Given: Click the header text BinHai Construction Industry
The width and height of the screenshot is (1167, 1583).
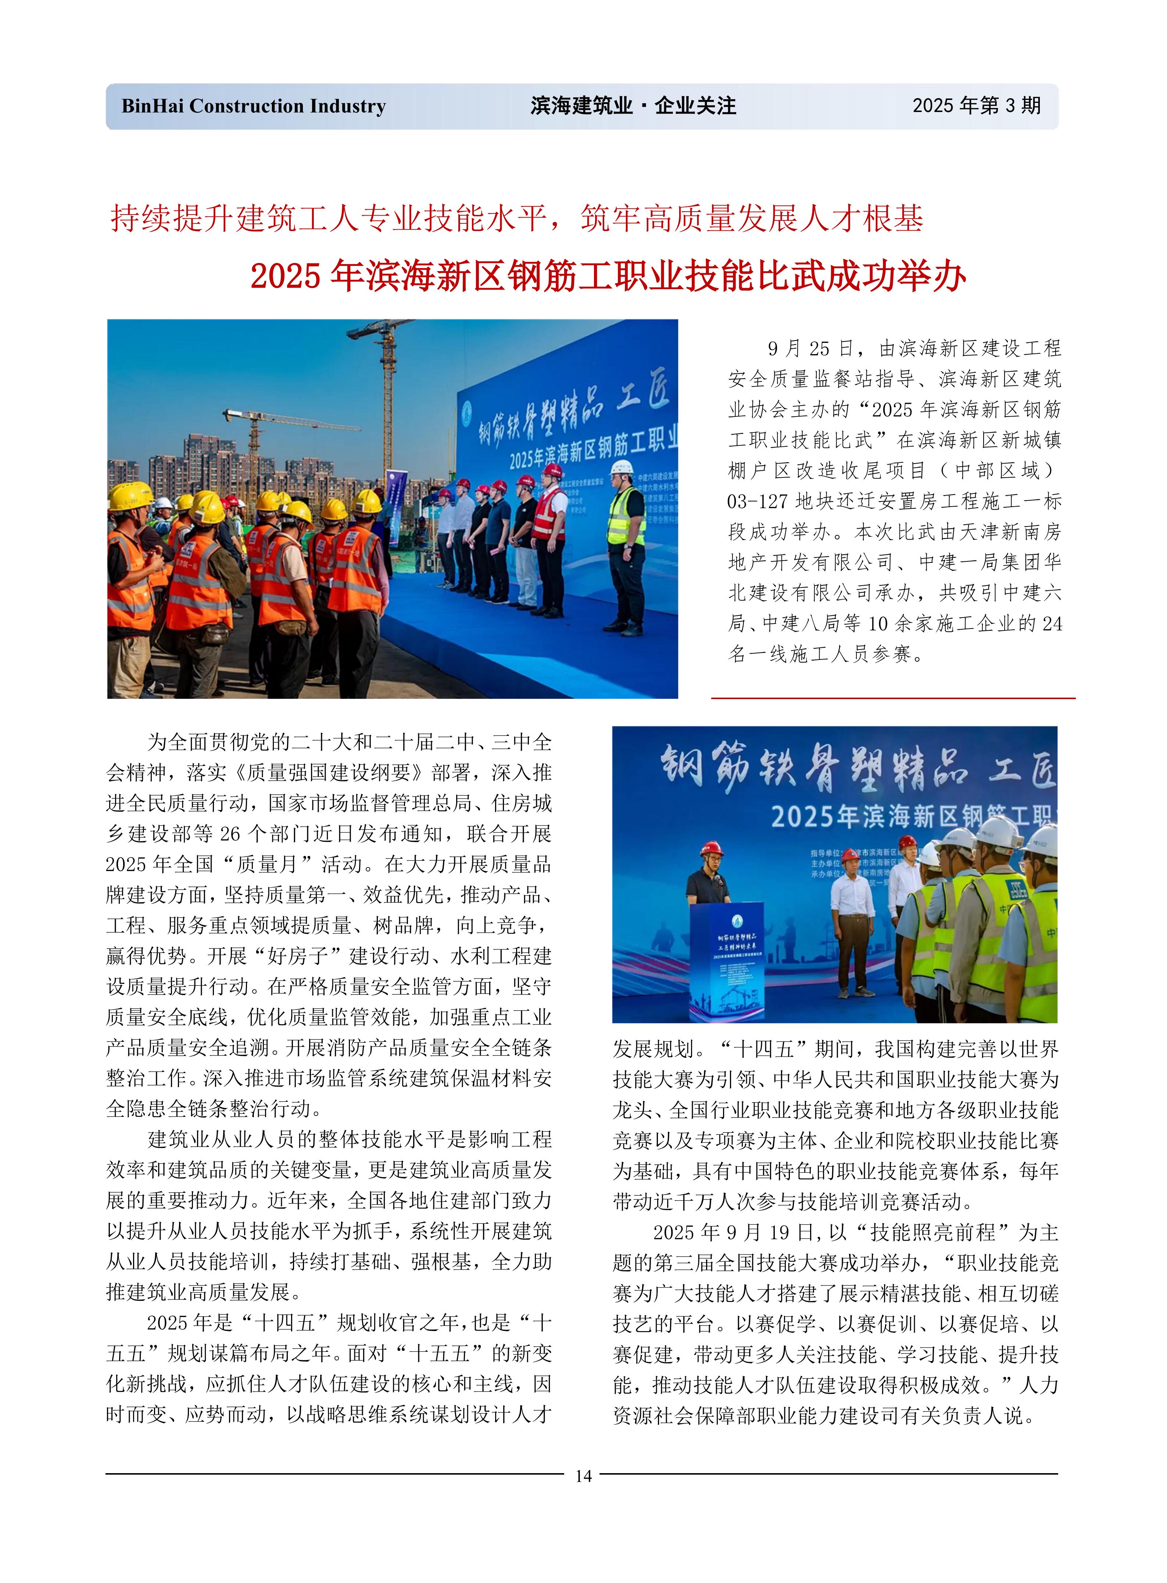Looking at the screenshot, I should [254, 107].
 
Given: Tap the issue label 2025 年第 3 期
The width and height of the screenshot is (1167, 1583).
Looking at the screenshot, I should [976, 106].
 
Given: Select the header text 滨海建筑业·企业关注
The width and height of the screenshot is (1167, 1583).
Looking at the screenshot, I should [633, 107].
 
